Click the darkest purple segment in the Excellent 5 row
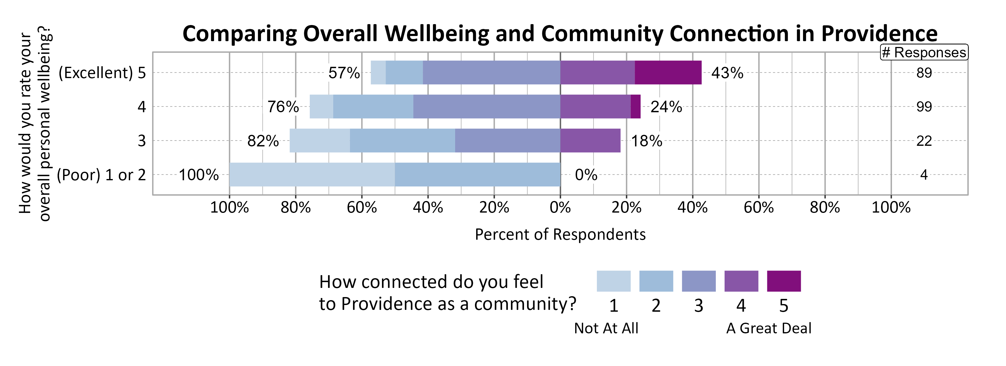[668, 73]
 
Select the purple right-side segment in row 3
[590, 141]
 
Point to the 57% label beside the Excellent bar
[344, 73]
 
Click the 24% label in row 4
[666, 107]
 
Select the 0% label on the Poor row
[586, 175]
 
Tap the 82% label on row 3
[263, 141]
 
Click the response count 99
[924, 107]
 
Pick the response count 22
[924, 141]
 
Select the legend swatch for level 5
[783, 281]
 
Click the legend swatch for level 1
[613, 281]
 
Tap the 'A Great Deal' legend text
[768, 328]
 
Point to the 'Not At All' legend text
[606, 328]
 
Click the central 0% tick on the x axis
[560, 207]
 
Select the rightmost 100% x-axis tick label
[891, 207]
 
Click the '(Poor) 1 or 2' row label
[101, 175]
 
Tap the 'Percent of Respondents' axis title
[560, 234]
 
